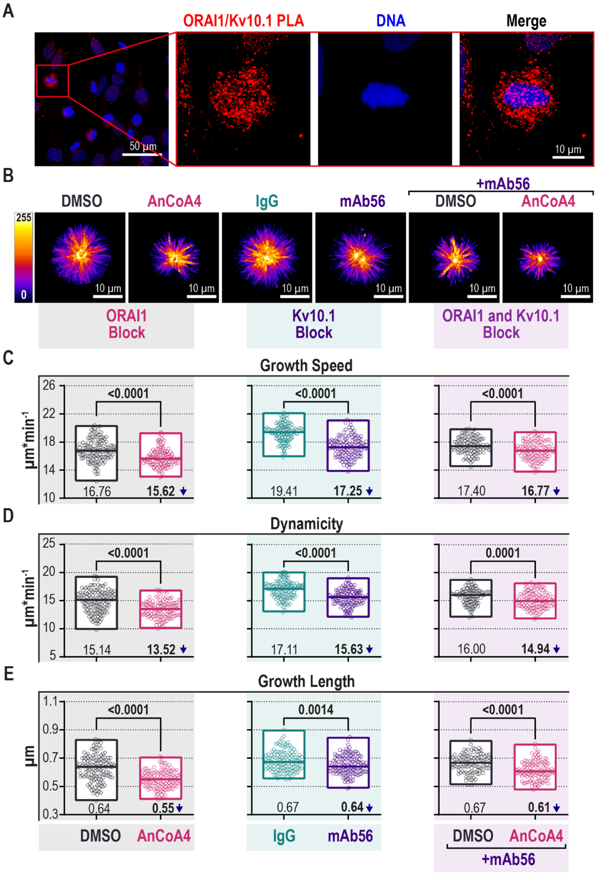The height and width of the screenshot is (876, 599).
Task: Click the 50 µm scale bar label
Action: [x=143, y=146]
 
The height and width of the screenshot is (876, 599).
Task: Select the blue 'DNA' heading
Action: [x=390, y=21]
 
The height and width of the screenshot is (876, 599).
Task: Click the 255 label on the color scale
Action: [x=23, y=218]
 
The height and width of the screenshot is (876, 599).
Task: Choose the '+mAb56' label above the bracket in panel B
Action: [x=503, y=184]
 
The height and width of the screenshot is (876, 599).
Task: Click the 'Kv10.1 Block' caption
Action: [x=314, y=324]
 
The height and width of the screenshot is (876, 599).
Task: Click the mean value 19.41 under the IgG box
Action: [x=284, y=491]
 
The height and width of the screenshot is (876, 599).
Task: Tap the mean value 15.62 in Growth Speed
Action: [x=160, y=491]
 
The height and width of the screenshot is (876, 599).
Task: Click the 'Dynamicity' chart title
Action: [x=306, y=524]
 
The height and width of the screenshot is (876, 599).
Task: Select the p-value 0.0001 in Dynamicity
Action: [x=503, y=553]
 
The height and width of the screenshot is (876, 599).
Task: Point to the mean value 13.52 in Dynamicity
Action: [x=161, y=649]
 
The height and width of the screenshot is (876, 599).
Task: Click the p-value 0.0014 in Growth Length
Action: [x=316, y=710]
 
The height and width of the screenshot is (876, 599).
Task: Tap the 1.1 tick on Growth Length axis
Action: [x=50, y=701]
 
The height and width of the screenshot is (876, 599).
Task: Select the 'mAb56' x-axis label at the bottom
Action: [x=350, y=836]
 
